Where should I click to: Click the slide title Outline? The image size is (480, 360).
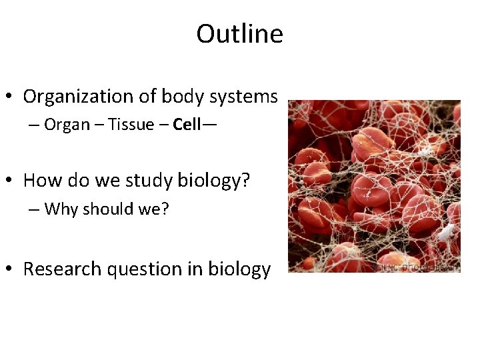tap(239, 34)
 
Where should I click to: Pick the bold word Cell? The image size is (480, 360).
tap(186, 125)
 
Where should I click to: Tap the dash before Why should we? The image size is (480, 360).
tap(34, 209)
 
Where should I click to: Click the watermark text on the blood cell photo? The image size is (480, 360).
tap(417, 266)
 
